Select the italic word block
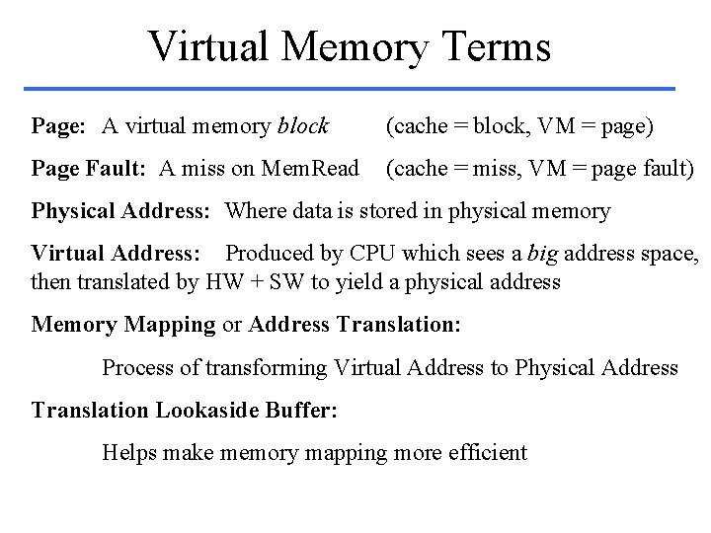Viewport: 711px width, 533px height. (x=303, y=125)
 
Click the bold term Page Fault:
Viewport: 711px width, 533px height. (x=89, y=169)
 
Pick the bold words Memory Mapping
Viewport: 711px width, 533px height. (x=123, y=324)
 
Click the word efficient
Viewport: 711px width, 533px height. (x=485, y=453)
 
